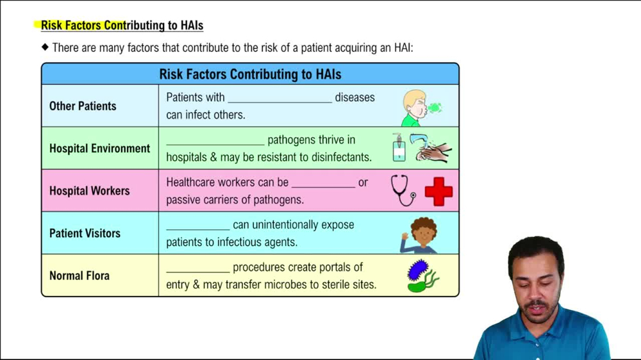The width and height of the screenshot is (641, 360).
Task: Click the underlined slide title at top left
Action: tap(122, 26)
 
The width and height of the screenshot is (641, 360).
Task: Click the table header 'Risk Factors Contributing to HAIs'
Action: tap(250, 74)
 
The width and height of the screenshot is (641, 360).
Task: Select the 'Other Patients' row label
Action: tap(83, 106)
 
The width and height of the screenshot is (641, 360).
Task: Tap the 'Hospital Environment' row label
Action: tap(99, 148)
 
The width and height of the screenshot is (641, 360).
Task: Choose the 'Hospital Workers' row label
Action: tap(89, 191)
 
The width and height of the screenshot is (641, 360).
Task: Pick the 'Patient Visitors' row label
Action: tap(85, 233)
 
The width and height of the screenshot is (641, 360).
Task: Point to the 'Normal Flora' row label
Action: tap(79, 275)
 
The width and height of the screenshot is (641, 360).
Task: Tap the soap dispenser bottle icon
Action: tap(399, 148)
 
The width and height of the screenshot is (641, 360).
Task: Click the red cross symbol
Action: tap(438, 192)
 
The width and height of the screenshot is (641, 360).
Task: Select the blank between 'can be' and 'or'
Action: tap(323, 185)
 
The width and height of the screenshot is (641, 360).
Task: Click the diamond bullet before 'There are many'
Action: tap(45, 47)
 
